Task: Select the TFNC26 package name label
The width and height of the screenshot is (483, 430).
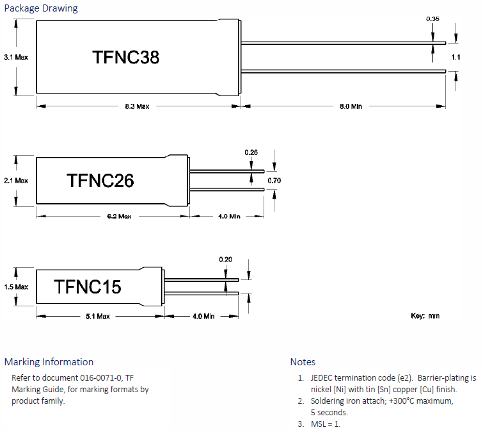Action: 100,181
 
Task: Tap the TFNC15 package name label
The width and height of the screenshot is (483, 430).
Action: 88,286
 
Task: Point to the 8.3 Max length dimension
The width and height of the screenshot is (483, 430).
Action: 137,106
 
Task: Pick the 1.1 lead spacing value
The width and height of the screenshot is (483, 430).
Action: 455,58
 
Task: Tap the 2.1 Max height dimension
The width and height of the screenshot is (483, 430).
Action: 16,181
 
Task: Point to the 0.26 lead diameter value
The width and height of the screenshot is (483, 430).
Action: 251,153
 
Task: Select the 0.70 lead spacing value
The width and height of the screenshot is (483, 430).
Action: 274,181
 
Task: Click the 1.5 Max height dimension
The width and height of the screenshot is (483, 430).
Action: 16,287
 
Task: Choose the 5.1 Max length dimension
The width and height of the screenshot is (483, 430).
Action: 98,316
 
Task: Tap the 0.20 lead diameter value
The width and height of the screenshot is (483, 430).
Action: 226,259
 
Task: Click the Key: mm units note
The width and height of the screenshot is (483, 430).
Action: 425,316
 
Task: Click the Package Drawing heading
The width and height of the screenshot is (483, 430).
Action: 41,8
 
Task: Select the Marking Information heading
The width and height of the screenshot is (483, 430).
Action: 49,362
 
